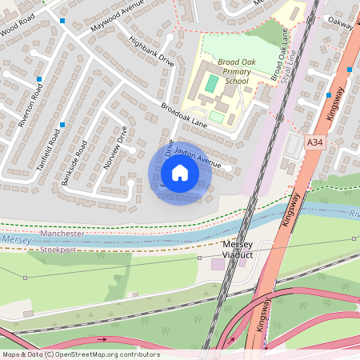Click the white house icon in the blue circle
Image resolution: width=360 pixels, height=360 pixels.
[180, 172]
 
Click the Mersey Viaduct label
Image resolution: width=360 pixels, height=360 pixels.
[237, 250]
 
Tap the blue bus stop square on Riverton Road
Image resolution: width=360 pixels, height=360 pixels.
[38, 79]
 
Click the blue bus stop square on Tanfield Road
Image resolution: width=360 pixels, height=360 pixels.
[62, 126]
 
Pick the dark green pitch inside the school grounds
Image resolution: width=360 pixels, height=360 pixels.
[210, 82]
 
